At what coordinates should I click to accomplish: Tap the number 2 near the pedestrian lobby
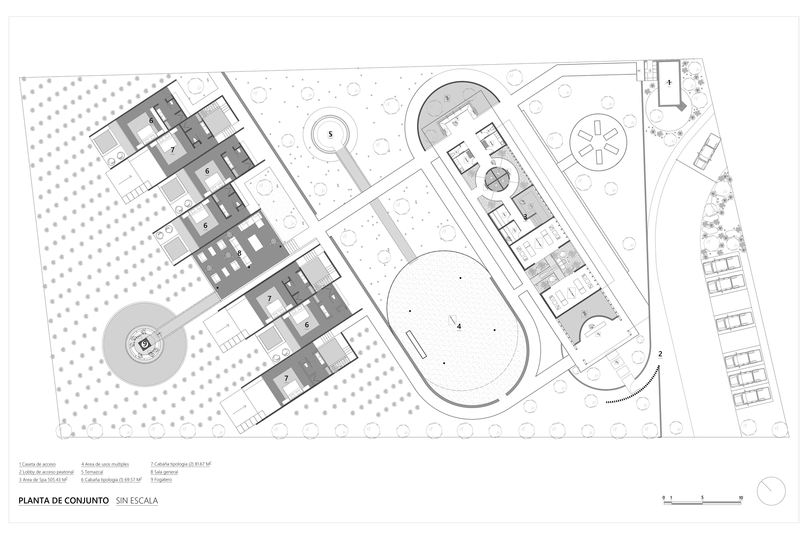660,354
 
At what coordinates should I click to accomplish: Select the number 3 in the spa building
525,217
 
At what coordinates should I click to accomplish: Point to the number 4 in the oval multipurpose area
459,326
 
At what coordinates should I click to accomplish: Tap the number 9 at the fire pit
144,344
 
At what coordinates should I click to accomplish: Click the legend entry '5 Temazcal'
92,472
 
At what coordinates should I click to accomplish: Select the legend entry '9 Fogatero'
161,480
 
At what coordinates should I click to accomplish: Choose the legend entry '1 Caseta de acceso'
37,464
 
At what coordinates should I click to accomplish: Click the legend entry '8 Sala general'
164,472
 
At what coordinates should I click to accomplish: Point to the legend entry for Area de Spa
43,480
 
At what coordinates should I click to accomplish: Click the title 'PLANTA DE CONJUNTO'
64,501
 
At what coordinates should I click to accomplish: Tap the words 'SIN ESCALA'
137,501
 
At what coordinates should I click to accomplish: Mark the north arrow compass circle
771,491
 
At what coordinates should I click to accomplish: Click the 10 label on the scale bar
741,498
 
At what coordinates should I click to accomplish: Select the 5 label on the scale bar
702,498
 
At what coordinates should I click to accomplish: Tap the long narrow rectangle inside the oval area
416,345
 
